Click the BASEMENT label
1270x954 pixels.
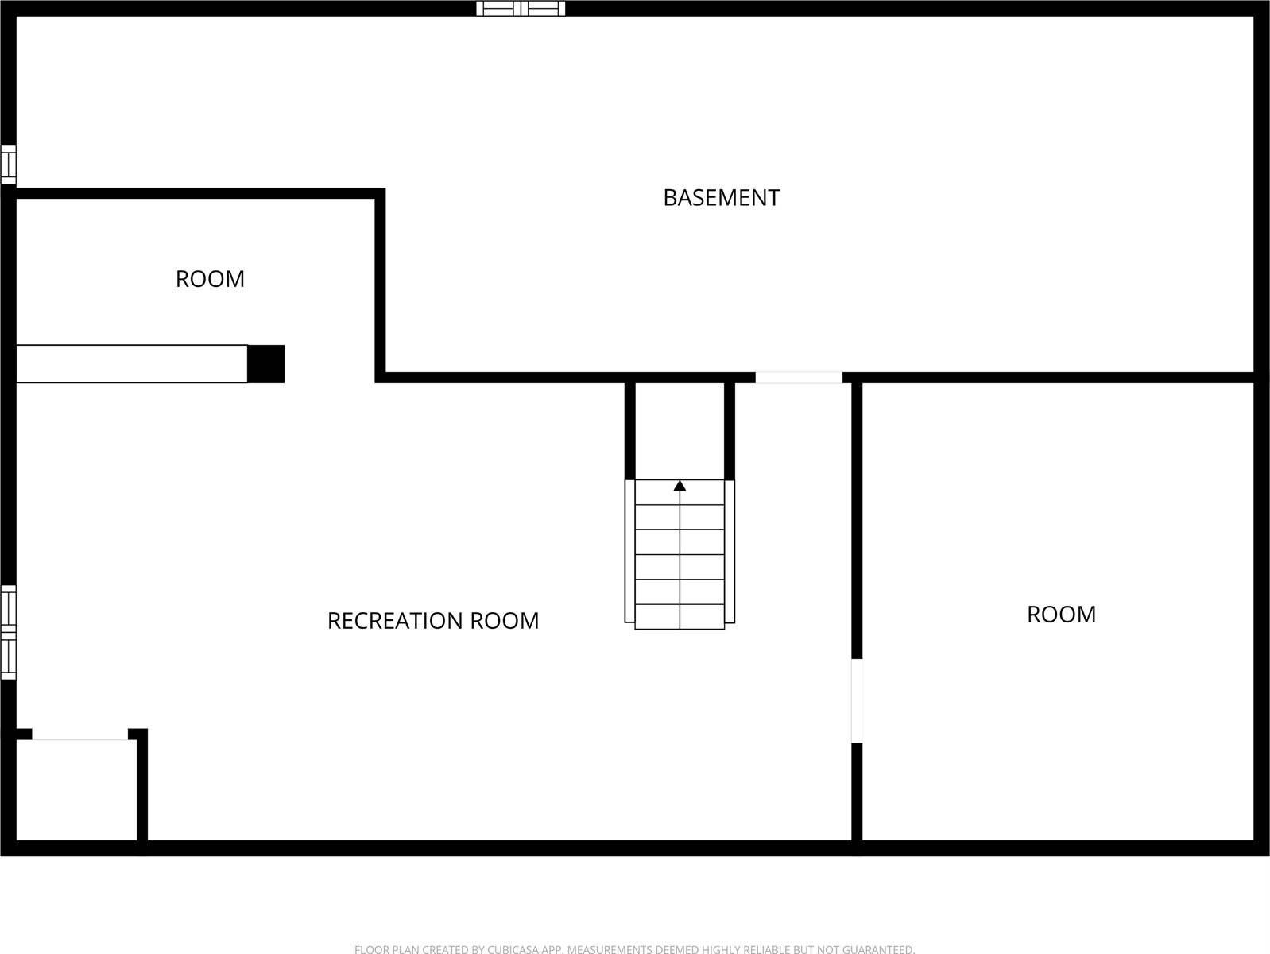(721, 198)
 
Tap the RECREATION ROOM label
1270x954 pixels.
(433, 621)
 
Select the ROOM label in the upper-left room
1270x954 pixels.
(210, 279)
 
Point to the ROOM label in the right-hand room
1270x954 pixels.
(1061, 615)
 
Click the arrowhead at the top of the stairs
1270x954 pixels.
(680, 486)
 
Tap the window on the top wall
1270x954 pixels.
(521, 8)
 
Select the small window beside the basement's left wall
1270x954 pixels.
(8, 165)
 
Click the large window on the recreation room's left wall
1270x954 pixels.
(8, 632)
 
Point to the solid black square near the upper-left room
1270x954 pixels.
(265, 364)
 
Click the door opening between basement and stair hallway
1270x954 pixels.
(799, 377)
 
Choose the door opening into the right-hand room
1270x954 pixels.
(857, 700)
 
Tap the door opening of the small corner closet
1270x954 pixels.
(79, 734)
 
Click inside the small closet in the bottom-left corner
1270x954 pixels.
(76, 789)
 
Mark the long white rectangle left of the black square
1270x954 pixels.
(132, 364)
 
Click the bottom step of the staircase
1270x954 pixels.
(680, 617)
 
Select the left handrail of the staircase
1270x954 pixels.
(629, 552)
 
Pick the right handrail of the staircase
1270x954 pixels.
(730, 552)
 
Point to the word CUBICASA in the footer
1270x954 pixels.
(513, 949)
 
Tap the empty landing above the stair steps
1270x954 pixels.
(680, 431)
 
